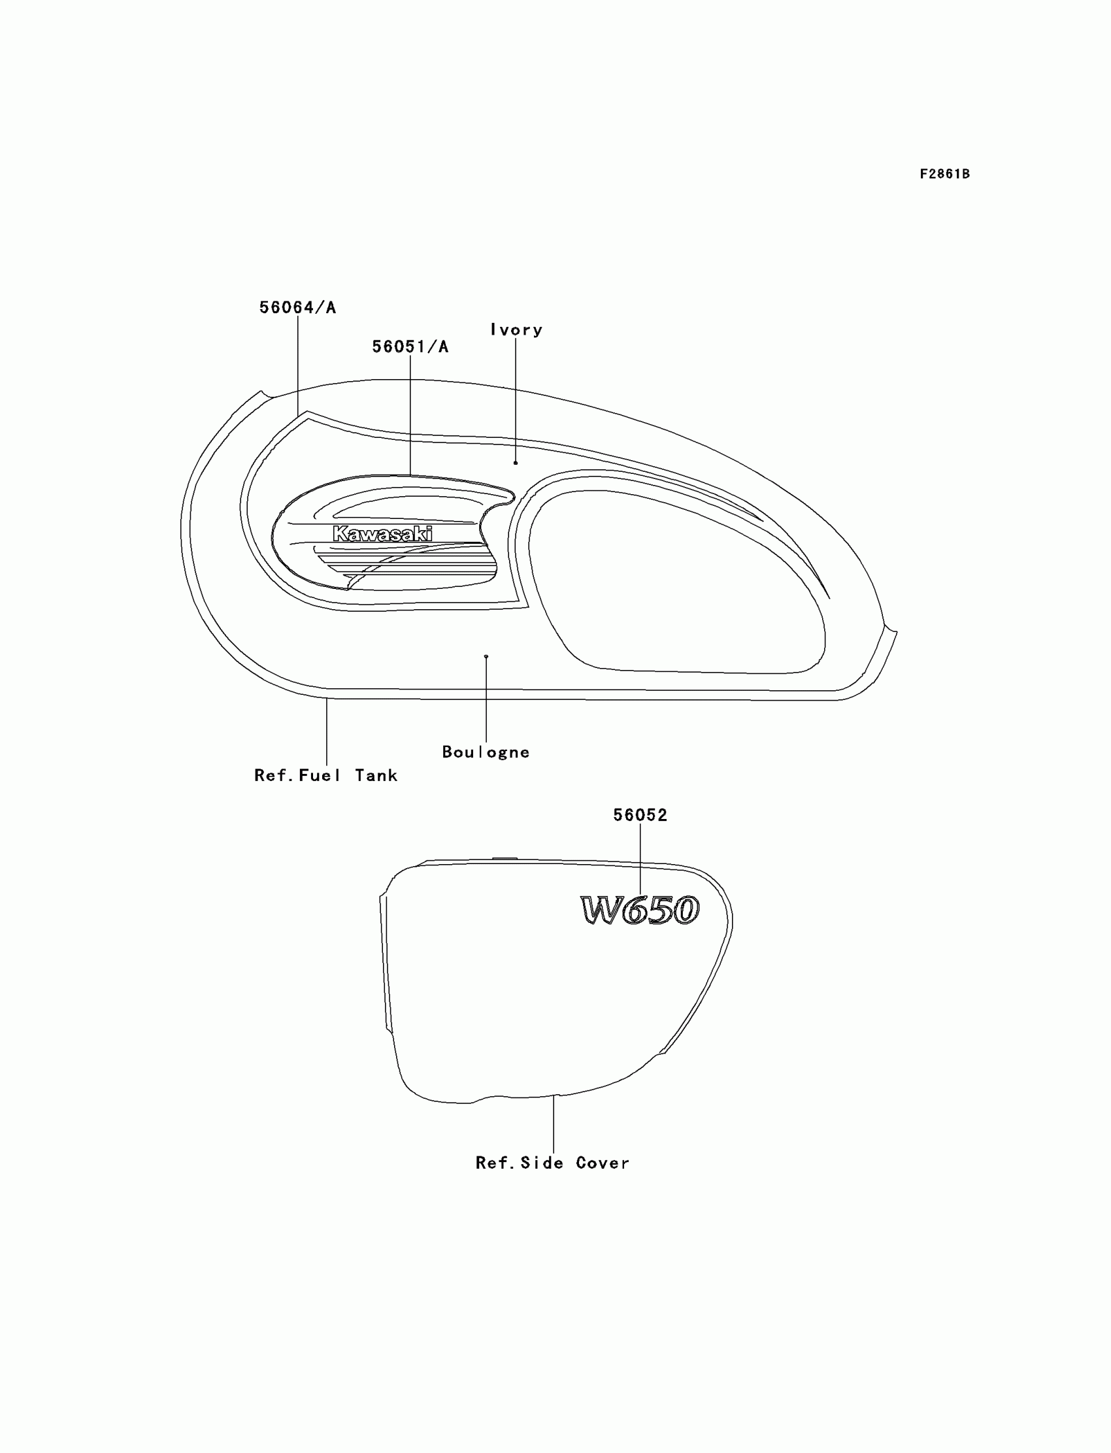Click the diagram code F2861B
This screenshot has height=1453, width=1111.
point(944,174)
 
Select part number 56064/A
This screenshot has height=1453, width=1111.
point(297,308)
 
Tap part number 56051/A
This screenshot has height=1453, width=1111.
point(410,346)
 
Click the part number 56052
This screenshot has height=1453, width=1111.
point(640,816)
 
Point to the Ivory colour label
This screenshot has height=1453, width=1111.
point(516,330)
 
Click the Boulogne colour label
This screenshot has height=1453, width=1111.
point(486,752)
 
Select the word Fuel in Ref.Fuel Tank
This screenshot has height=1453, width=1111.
point(320,775)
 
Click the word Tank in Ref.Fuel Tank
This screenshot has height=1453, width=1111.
point(376,775)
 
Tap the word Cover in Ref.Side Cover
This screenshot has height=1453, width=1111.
point(603,1163)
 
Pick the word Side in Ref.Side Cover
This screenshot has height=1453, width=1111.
point(542,1163)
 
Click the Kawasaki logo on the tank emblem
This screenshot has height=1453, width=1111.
point(383,534)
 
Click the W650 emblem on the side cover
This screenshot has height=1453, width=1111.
point(640,910)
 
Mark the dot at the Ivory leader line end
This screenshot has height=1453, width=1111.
point(516,463)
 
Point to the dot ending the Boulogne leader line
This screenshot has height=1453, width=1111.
point(486,657)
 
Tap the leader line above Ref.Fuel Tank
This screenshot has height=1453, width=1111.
point(327,731)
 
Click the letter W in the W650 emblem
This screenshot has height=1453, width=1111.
point(602,910)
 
